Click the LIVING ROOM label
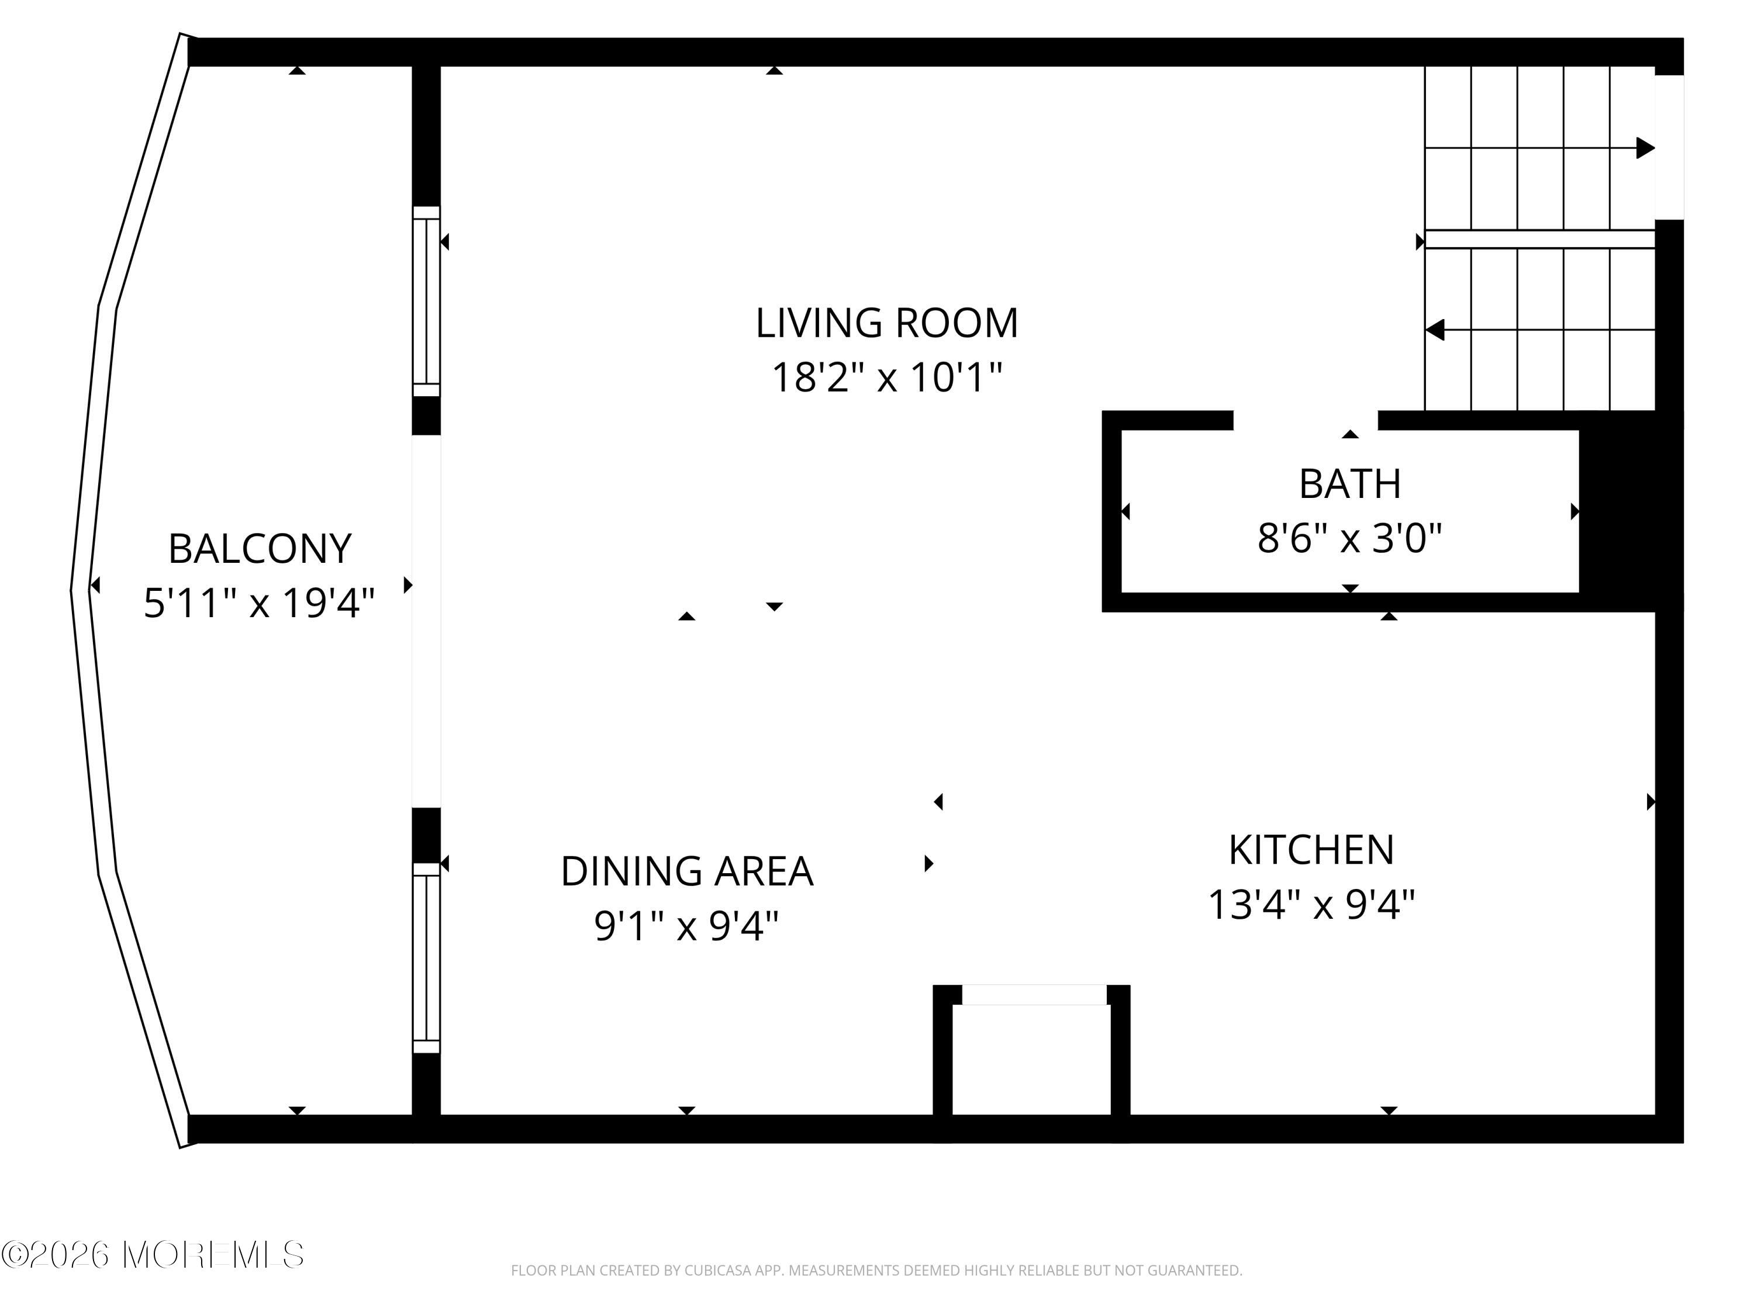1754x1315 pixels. tap(886, 323)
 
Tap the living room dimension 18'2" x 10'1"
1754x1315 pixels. tap(886, 378)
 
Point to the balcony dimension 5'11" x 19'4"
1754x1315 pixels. tap(258, 603)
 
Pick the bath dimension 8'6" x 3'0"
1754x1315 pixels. tap(1349, 538)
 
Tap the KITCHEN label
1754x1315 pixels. tap(1311, 850)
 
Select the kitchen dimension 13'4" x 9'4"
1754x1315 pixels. tap(1311, 904)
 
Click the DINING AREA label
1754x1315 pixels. tap(687, 872)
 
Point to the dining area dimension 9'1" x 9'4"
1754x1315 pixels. tap(687, 926)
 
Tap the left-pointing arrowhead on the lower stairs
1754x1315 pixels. tap(1434, 330)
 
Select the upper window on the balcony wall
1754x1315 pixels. tap(426, 301)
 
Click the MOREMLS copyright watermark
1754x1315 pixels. tap(152, 1255)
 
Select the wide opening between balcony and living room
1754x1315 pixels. tap(426, 621)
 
